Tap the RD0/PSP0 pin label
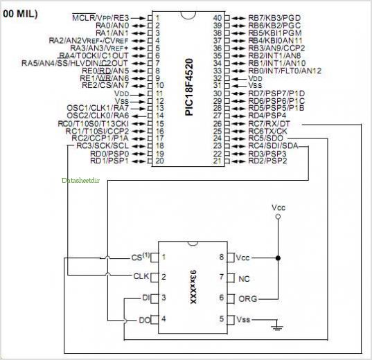tap(114, 154)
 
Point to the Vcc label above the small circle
tap(278, 207)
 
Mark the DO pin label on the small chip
tap(144, 319)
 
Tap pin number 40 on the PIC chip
tap(217, 17)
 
